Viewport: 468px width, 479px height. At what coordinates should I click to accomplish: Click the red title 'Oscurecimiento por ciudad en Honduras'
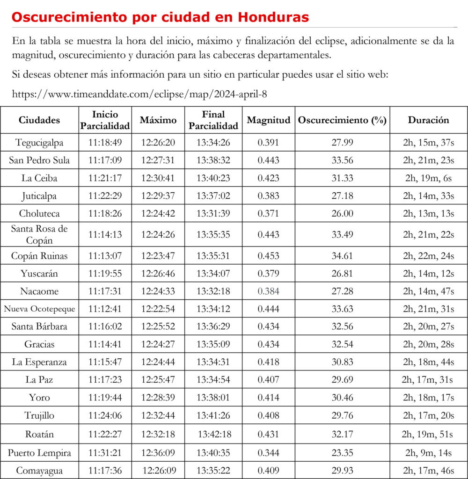pos(160,17)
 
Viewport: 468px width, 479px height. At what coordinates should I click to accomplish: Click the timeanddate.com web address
pos(139,94)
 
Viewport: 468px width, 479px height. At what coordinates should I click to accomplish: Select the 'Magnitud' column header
pos(269,120)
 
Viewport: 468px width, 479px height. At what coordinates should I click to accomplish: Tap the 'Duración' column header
pos(428,120)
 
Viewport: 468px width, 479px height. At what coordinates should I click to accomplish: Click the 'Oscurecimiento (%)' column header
pos(342,120)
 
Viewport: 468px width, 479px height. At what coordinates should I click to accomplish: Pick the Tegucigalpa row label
pos(39,143)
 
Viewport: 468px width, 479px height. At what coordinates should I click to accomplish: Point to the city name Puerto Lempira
pos(39,453)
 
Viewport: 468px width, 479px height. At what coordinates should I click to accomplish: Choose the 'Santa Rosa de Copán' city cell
pos(39,234)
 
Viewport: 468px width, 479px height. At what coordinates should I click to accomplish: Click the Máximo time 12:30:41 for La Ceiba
pos(158,178)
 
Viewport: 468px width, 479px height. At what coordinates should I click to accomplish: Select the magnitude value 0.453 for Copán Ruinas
pos(269,256)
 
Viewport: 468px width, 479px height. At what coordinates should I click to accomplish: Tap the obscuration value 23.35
pos(342,453)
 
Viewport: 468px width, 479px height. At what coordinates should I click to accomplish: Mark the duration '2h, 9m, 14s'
pos(428,453)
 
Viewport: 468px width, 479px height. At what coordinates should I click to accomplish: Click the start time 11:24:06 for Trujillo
pos(105,415)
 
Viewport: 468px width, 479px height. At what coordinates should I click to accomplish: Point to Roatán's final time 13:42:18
pos(214,434)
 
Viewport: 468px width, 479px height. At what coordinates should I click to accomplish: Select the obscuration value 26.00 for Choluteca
pos(342,213)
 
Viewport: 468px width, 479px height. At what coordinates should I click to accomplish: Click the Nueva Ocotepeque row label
pos(39,309)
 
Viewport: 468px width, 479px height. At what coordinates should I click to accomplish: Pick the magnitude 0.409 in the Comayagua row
pos(269,470)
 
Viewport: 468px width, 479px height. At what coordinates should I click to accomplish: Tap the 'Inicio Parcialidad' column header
pos(105,120)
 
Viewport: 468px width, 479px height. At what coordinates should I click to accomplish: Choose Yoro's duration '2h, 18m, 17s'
pos(428,398)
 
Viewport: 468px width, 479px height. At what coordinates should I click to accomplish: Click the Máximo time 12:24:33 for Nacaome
pos(158,291)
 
